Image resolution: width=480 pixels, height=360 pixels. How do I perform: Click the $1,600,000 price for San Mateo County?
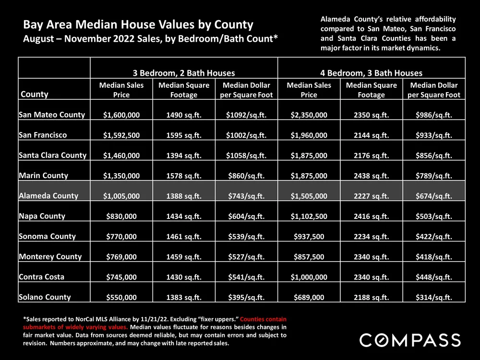[121, 115]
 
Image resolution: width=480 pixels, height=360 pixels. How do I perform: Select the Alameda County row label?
[48, 196]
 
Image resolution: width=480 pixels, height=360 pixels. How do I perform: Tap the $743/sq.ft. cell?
[246, 196]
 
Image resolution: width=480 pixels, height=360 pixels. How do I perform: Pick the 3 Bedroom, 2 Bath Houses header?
[184, 73]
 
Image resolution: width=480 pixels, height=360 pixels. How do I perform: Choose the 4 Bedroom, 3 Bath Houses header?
[371, 73]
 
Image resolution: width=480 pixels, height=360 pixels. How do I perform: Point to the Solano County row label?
[45, 297]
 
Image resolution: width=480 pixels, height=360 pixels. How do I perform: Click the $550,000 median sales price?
[121, 298]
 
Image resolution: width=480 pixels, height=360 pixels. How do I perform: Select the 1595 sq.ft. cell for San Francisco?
[184, 135]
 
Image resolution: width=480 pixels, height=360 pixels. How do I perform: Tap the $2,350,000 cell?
[309, 115]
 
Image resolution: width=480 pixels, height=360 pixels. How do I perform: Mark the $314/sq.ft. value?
[433, 298]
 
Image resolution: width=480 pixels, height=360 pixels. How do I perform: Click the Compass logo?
[410, 340]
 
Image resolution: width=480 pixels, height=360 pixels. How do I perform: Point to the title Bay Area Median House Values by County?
[138, 24]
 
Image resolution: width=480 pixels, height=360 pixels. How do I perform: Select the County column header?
[34, 94]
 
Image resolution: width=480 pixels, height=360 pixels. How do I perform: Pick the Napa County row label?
[42, 216]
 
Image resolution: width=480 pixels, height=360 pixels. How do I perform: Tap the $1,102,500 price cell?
[309, 216]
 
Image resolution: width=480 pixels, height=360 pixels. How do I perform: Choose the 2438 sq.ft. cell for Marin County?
[371, 176]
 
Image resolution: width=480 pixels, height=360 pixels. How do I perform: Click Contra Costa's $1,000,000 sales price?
[309, 277]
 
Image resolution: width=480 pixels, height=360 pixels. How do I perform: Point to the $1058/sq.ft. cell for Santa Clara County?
[246, 156]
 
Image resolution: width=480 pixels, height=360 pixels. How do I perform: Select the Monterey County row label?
[50, 256]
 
